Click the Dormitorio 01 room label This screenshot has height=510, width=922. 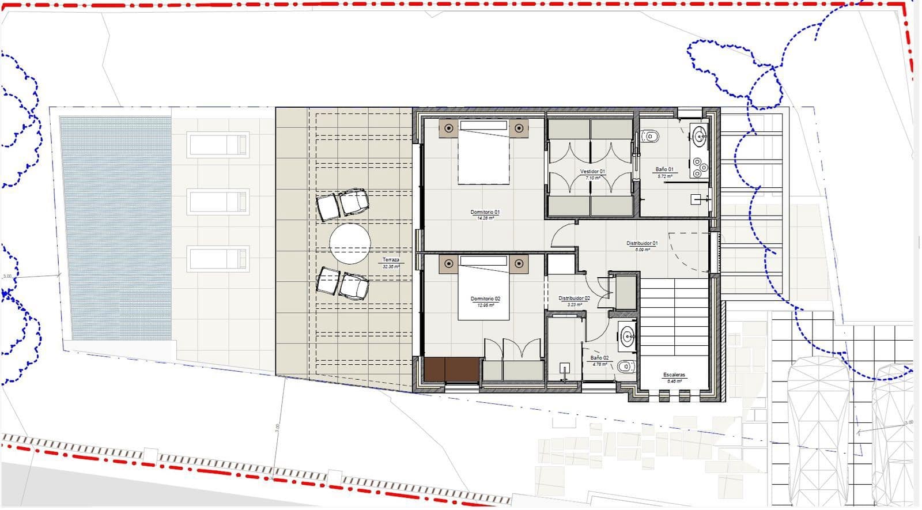(485, 213)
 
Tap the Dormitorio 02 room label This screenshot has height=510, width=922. (485, 299)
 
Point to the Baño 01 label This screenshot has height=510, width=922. (664, 170)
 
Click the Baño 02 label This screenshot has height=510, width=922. (599, 358)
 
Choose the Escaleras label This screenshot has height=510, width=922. (674, 375)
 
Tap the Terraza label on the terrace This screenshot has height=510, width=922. (391, 260)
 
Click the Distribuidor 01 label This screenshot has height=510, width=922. (642, 244)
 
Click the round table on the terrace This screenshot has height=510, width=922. (350, 244)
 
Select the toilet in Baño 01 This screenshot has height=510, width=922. (650, 137)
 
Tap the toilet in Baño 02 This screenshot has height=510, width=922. (625, 366)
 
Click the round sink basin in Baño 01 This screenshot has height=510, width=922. (700, 137)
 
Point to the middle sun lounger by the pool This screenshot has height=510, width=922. (218, 202)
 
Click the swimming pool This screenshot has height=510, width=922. (116, 228)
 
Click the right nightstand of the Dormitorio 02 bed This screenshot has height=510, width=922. (519, 264)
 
